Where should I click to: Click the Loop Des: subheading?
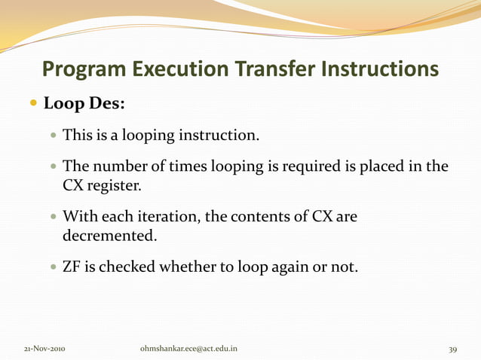pos(84,103)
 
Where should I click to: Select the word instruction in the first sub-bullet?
pos(218,136)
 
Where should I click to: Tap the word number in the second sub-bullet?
pos(114,166)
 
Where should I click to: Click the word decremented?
pos(110,236)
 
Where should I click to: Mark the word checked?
pos(125,266)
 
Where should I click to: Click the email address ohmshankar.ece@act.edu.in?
pos(189,349)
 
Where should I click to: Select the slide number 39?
pos(452,349)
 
